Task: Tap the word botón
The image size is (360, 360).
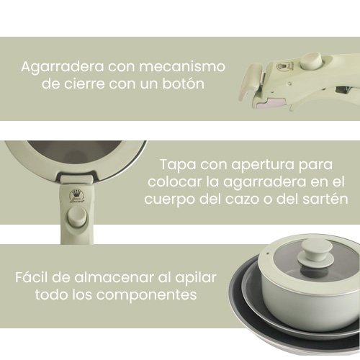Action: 180,84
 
